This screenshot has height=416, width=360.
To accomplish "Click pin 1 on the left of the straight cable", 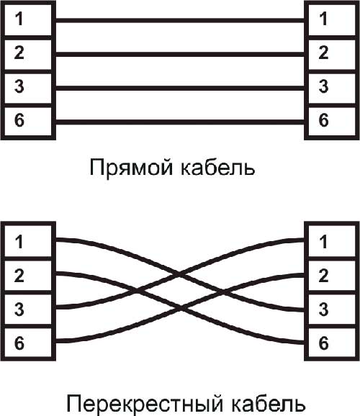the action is tap(28, 19).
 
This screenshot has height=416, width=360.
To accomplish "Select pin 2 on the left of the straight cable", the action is tap(28, 55).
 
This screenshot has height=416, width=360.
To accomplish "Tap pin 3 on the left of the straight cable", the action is tap(28, 88).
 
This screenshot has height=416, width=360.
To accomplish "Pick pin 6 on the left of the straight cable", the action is tap(28, 122).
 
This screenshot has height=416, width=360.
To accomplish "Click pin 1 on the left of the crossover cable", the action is tap(28, 241).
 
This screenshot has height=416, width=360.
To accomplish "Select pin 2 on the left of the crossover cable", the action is tap(28, 276).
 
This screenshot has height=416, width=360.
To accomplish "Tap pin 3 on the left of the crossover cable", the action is tap(28, 309).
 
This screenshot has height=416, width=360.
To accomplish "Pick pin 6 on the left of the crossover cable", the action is tap(28, 343).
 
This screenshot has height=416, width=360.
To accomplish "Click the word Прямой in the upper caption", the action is tap(131, 168).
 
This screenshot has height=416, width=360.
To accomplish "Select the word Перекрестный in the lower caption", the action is tap(145, 404).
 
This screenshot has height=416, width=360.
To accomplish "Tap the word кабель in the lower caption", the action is tap(268, 403).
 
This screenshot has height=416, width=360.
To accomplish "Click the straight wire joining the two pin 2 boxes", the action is tap(180, 55).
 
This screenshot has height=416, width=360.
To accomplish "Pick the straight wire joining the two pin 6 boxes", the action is tap(180, 122).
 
